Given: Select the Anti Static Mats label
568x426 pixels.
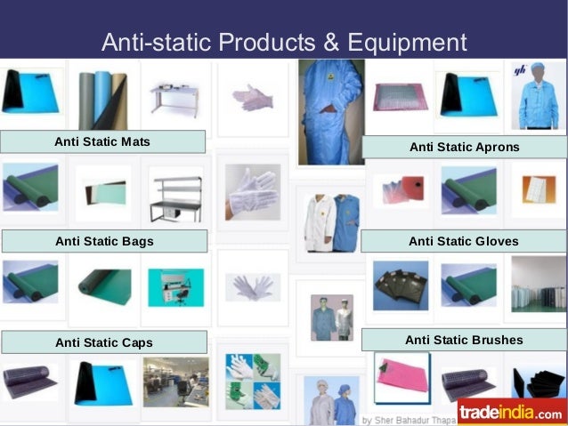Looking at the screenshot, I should pos(102,141).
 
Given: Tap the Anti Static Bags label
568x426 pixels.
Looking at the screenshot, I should pos(103,241).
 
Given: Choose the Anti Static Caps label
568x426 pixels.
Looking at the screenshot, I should pos(103,342).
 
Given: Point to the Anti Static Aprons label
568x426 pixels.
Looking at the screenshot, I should pos(464,147).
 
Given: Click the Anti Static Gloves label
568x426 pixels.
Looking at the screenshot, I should pos(463,241).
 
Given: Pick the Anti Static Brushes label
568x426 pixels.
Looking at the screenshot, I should pos(463,340).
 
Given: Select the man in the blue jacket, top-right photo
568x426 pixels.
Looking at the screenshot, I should pos(538,98).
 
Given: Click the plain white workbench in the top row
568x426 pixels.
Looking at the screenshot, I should pos(176,97).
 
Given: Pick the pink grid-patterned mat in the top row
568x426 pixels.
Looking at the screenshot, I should pos(400,96).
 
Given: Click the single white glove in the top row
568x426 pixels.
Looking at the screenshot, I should pos(253,98).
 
